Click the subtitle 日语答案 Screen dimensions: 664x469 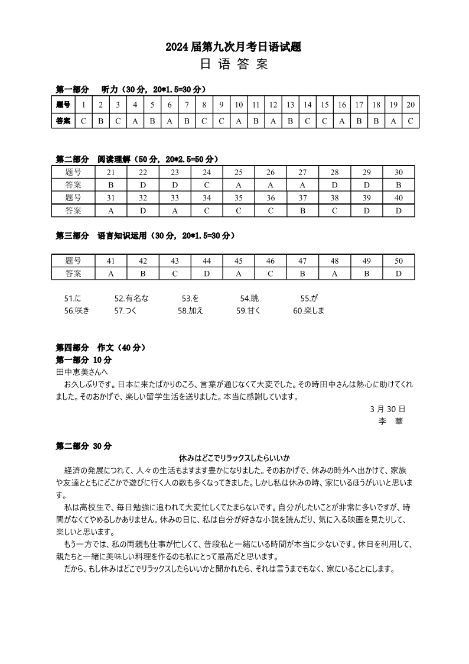(x=234, y=65)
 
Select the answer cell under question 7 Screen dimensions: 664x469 (x=186, y=121)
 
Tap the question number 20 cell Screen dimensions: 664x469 (x=411, y=105)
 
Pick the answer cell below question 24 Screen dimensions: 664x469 (x=207, y=184)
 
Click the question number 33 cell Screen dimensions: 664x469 (x=175, y=197)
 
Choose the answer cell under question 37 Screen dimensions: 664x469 (x=302, y=210)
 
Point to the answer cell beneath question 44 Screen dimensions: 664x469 (x=207, y=274)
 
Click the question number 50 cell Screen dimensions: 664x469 (x=398, y=261)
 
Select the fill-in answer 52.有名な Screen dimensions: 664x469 (x=131, y=299)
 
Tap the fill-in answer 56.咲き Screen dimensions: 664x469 (x=76, y=310)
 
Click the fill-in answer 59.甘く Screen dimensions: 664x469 (x=248, y=310)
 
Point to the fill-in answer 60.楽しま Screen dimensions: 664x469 (x=308, y=310)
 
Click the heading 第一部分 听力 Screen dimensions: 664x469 (x=130, y=90)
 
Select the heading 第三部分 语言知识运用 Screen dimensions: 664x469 (x=145, y=235)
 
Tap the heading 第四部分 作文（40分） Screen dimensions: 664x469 (x=100, y=348)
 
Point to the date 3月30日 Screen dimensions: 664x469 (x=387, y=409)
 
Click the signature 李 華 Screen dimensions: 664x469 (x=390, y=421)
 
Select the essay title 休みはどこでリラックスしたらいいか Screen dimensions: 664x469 (x=234, y=458)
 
